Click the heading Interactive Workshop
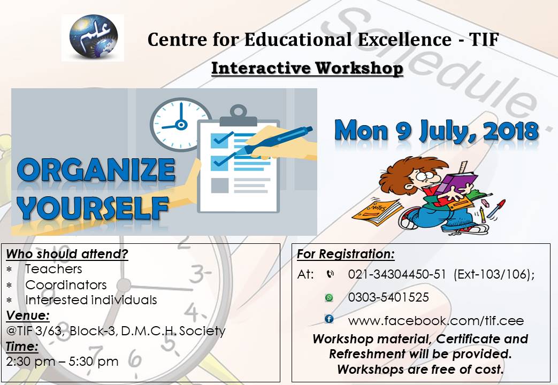pyautogui.click(x=307, y=68)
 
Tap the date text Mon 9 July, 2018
pyautogui.click(x=436, y=130)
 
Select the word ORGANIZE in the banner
pyautogui.click(x=96, y=171)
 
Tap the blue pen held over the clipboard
pyautogui.click(x=278, y=136)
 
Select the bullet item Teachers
pyautogui.click(x=53, y=268)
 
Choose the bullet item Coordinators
pyautogui.click(x=66, y=284)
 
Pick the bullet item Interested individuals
pyautogui.click(x=91, y=300)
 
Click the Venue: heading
pyautogui.click(x=27, y=315)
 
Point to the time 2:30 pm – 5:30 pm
pyautogui.click(x=63, y=361)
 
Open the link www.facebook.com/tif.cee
pyautogui.click(x=435, y=321)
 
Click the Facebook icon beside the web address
pyautogui.click(x=329, y=319)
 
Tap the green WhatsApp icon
pyautogui.click(x=329, y=297)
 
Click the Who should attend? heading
pyautogui.click(x=67, y=253)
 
